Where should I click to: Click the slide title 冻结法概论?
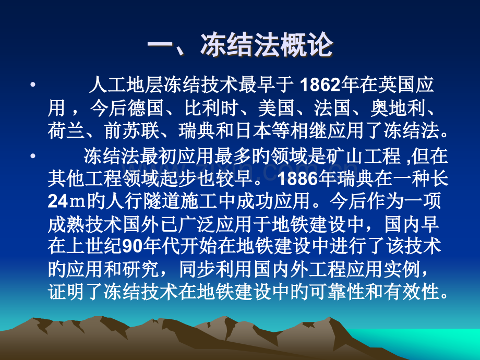coord(240,46)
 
